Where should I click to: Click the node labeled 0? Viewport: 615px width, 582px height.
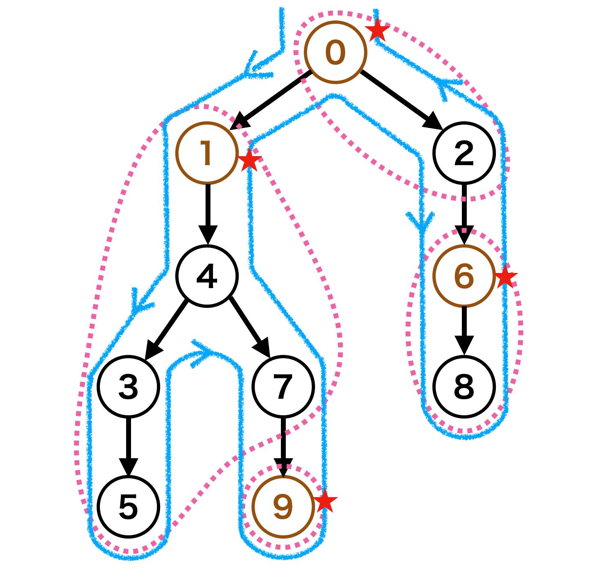click(x=335, y=52)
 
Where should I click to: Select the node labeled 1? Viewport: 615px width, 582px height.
click(x=207, y=153)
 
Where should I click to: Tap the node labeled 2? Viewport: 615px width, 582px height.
click(x=464, y=153)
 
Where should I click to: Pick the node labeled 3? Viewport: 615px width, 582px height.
click(x=128, y=386)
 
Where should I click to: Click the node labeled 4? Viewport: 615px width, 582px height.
click(x=207, y=276)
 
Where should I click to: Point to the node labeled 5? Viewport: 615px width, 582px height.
click(x=128, y=507)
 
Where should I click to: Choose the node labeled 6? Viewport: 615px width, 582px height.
click(x=464, y=276)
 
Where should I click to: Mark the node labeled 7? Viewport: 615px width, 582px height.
click(x=283, y=386)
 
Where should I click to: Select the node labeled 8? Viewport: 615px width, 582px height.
click(x=464, y=386)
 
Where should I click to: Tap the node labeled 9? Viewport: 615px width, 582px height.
click(x=283, y=507)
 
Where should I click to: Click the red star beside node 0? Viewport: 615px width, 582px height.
click(x=377, y=31)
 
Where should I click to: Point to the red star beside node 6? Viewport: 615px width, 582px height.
click(x=505, y=277)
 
